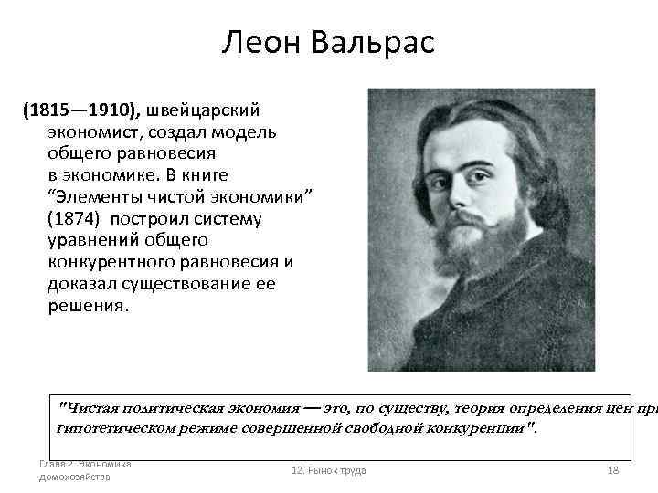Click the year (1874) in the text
click(x=73, y=219)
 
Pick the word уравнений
click(x=93, y=241)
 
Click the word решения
click(x=89, y=306)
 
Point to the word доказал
click(x=82, y=284)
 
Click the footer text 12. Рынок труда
click(x=328, y=470)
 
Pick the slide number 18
click(x=613, y=470)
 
